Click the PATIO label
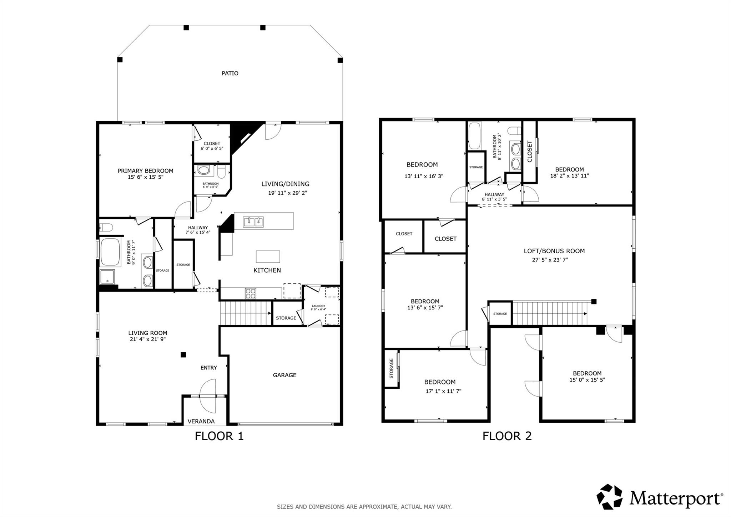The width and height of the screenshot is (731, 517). click(x=230, y=73)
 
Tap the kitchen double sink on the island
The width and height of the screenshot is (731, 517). click(x=253, y=222)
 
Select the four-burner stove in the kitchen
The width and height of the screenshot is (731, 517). click(x=251, y=293)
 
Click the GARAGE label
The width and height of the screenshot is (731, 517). click(x=284, y=375)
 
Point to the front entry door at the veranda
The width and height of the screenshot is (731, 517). click(x=208, y=396)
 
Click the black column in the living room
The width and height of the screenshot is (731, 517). click(x=183, y=355)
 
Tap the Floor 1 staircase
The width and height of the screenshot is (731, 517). click(x=246, y=313)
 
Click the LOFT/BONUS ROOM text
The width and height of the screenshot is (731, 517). click(x=554, y=251)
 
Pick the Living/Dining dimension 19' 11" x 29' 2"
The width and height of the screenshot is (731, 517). click(x=288, y=193)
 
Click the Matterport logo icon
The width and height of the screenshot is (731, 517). click(x=609, y=497)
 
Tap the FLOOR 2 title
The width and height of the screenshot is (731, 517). click(x=507, y=436)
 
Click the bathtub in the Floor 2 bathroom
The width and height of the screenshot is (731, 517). click(x=474, y=136)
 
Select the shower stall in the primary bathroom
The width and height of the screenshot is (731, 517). click(x=107, y=277)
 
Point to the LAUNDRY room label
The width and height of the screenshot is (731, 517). click(x=318, y=306)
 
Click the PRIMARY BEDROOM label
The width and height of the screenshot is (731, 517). click(x=145, y=171)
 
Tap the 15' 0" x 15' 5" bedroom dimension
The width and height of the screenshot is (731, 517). click(x=587, y=380)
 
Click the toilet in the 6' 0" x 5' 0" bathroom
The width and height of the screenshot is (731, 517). click(x=222, y=173)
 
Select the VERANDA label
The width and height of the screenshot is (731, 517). click(x=201, y=421)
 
